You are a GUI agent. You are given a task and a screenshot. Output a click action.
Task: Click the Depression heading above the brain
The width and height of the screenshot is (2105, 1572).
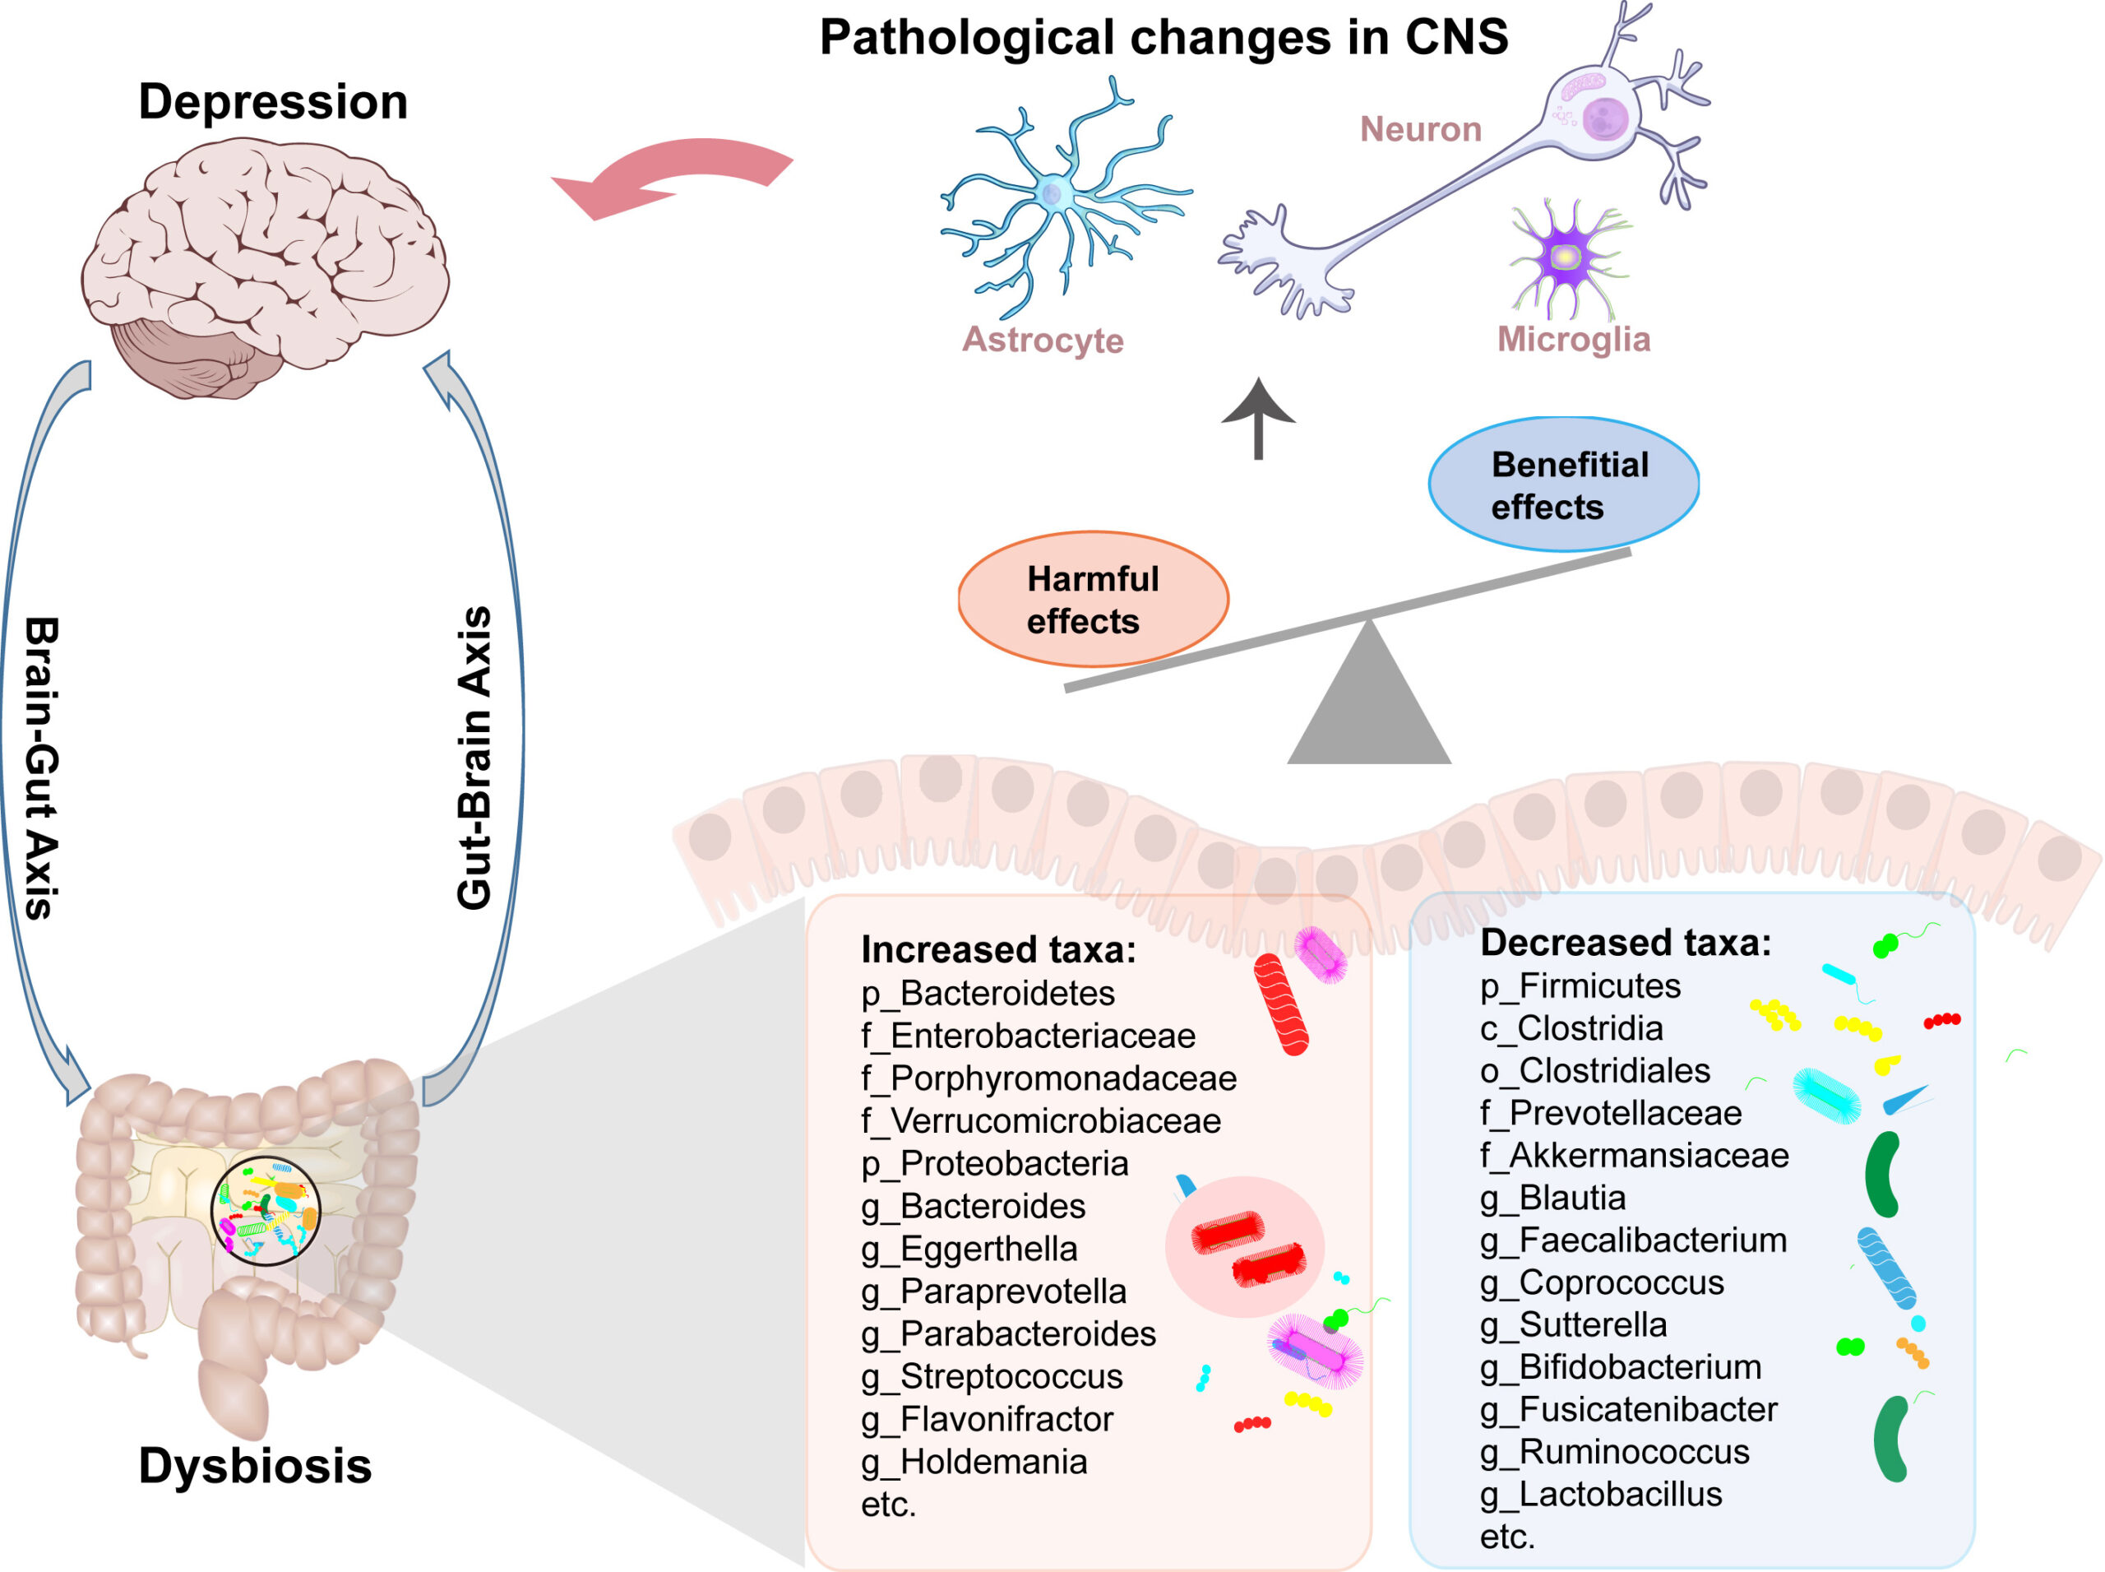(273, 102)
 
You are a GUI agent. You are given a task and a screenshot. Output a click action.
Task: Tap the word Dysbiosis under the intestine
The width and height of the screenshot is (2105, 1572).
(255, 1465)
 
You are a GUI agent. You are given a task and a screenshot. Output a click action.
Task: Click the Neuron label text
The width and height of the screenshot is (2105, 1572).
(1420, 129)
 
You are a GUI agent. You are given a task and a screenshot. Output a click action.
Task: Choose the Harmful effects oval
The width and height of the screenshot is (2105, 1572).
(1093, 599)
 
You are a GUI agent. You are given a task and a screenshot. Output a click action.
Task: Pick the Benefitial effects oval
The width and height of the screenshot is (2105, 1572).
(1563, 485)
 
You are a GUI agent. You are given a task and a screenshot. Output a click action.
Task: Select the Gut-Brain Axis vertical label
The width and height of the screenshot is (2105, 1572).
(474, 758)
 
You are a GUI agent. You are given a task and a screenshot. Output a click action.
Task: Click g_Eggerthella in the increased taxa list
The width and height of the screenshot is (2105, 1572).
(969, 1249)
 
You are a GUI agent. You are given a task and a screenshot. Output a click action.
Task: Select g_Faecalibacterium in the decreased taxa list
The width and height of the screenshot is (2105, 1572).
(1633, 1240)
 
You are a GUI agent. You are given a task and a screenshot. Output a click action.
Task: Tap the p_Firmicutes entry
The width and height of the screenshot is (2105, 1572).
(1580, 985)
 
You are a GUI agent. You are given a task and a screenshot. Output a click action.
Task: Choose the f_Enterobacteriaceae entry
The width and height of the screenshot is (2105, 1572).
(1027, 1036)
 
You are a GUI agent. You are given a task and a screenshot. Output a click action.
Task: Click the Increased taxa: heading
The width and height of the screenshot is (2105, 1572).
(997, 949)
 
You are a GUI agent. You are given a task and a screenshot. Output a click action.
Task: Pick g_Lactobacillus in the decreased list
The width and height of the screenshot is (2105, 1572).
(1601, 1494)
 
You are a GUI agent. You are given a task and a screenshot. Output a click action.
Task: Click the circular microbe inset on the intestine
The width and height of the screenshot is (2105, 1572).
(266, 1210)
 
